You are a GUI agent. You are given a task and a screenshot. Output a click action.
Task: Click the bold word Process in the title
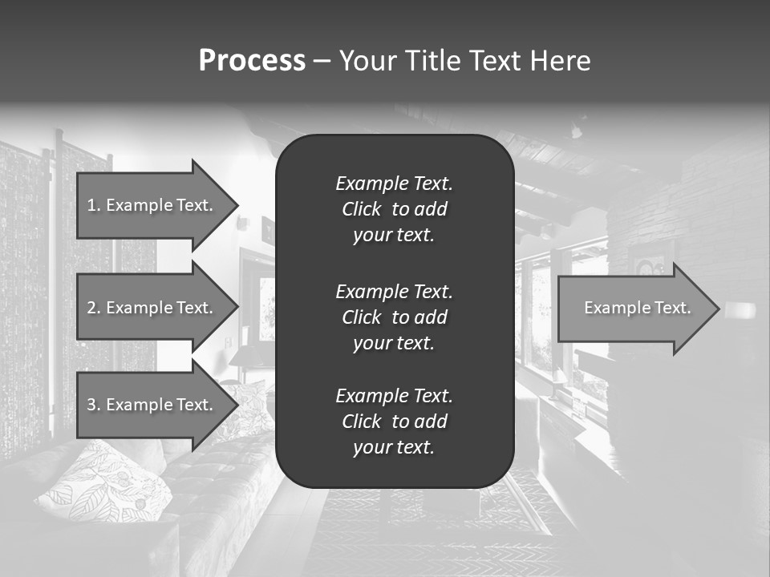tap(252, 61)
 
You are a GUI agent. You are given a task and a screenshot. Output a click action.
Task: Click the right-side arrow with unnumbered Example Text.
tap(634, 308)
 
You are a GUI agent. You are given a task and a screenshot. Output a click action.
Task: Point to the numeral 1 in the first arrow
tap(91, 205)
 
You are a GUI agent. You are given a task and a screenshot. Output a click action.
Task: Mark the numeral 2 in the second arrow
tap(91, 308)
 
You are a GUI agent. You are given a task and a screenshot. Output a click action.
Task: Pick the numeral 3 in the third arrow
tap(91, 405)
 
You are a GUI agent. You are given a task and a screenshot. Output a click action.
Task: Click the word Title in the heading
tap(431, 61)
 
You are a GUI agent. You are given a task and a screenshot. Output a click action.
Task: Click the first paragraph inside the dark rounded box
tap(394, 209)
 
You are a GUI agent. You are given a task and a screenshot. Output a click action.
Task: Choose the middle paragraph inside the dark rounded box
tap(394, 317)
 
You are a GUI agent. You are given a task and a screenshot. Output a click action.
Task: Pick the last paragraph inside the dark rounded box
tap(394, 422)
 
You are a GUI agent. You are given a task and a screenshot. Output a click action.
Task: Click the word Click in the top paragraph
tap(362, 209)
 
